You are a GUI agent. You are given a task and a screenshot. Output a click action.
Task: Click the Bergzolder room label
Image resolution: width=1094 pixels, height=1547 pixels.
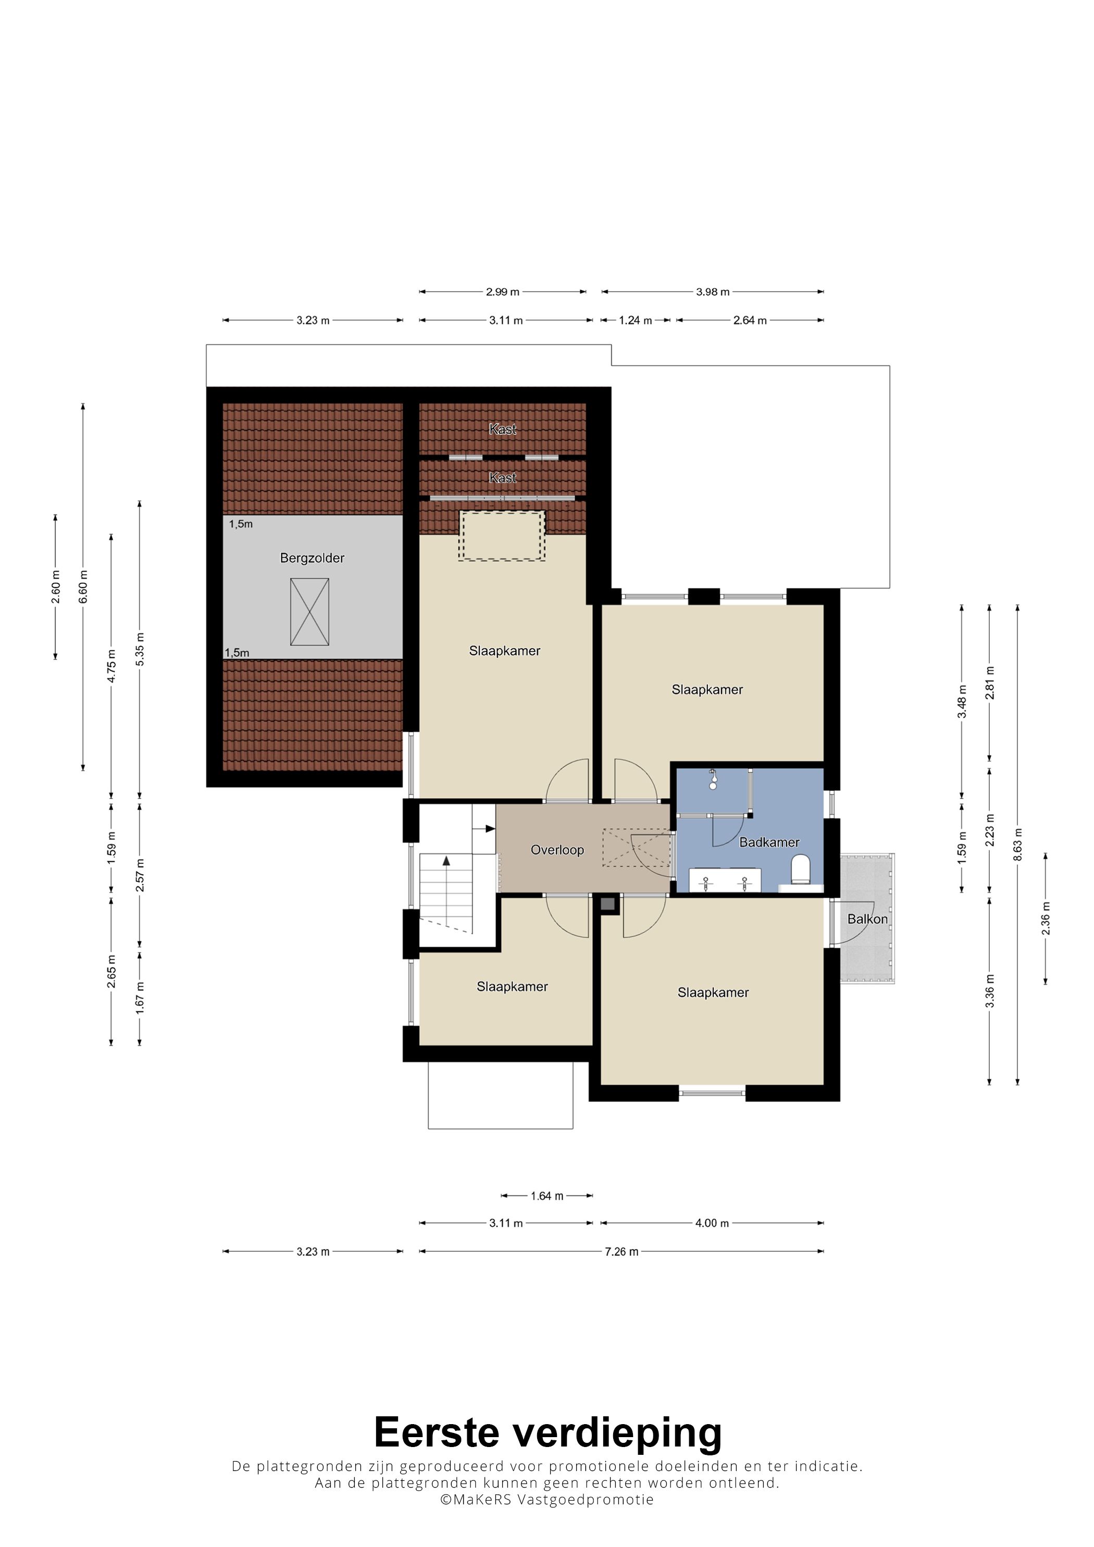pos(312,558)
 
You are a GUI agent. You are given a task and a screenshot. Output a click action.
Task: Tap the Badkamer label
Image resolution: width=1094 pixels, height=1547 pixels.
pos(769,842)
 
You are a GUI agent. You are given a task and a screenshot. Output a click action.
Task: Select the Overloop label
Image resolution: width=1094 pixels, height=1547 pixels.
pos(557,850)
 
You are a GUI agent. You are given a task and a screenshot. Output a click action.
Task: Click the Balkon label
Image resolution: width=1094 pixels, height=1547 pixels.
pos(867,919)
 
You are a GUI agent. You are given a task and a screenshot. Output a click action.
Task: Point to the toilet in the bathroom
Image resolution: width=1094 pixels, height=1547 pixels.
pos(800,869)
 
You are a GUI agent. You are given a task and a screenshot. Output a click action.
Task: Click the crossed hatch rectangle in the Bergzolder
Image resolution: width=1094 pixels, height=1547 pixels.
pos(309,612)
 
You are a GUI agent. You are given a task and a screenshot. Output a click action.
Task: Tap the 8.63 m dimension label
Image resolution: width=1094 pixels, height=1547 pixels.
pos(1018,844)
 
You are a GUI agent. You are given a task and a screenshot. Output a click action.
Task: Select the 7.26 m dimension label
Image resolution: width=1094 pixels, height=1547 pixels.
pos(621,1251)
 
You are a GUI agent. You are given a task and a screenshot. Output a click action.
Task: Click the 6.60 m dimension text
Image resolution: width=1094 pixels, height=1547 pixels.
pos(83,587)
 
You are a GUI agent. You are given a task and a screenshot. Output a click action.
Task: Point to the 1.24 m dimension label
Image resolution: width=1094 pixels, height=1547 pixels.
pos(636,321)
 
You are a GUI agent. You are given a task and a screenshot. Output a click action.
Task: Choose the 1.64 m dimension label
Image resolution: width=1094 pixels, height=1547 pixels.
pos(546,1196)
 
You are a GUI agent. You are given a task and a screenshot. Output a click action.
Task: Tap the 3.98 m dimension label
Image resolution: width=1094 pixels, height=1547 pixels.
pos(713,292)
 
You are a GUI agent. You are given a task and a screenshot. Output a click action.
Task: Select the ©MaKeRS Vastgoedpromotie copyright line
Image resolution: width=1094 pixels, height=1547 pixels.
pos(546,1499)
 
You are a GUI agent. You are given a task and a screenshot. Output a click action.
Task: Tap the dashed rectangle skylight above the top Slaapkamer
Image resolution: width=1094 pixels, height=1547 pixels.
pos(502,536)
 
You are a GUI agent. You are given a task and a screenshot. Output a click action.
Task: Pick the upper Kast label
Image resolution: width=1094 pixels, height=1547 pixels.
pos(503,429)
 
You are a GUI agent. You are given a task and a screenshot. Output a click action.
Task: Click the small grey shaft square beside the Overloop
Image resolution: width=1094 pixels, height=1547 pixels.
pos(608,904)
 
